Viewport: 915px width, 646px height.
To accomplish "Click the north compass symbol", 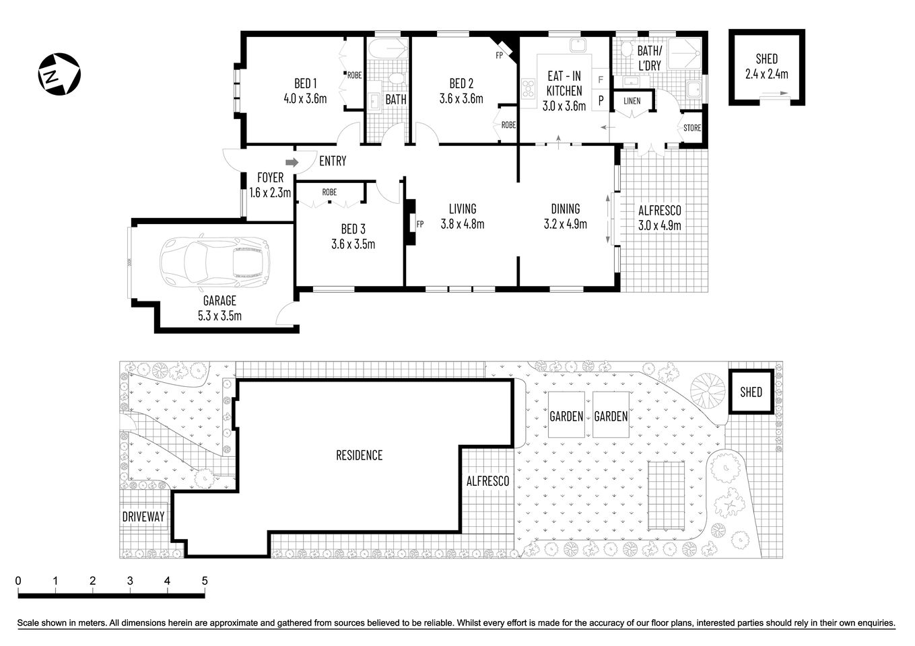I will [59, 73].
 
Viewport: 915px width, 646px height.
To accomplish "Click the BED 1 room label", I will [305, 83].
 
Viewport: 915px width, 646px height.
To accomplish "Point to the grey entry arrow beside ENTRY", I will [292, 162].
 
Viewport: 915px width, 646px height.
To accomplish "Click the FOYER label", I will [270, 178].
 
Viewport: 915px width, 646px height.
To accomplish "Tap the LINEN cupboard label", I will [632, 101].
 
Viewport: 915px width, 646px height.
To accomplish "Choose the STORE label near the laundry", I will [692, 128].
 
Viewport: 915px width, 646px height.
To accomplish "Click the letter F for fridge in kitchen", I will [601, 80].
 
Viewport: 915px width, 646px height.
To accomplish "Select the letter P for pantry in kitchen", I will [601, 101].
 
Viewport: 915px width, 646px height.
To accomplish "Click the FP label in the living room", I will [419, 224].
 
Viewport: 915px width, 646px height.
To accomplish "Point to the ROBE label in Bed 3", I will [329, 192].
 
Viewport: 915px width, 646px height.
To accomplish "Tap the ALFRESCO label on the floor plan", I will [659, 211].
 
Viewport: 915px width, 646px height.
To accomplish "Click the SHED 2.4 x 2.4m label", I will [766, 66].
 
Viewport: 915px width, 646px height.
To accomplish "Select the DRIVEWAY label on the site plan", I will [143, 517].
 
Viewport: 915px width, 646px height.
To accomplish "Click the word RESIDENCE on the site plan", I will [359, 456].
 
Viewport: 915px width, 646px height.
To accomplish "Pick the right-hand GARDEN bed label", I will [611, 417].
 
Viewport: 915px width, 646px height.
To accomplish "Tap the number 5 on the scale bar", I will [205, 581].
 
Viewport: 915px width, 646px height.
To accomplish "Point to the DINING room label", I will [565, 209].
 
